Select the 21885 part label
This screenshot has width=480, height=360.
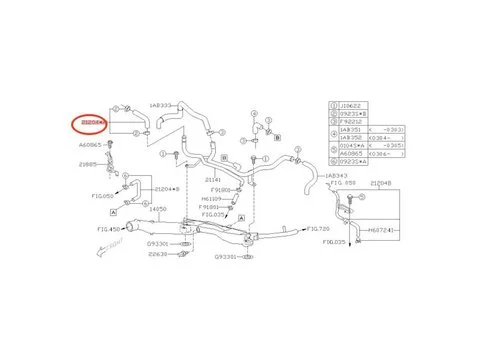(92, 163)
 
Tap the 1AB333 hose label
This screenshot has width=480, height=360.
(160, 103)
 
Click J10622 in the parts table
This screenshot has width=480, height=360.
(351, 103)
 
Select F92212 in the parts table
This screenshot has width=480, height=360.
(351, 123)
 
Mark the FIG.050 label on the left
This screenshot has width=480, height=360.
(102, 196)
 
